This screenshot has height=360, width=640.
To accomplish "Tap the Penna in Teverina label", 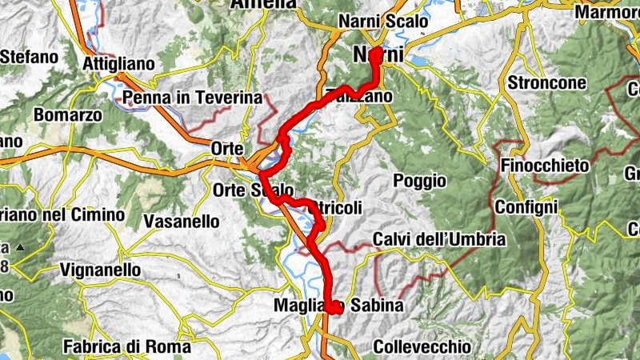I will tap(193, 98).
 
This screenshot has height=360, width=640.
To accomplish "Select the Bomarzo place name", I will tap(67, 114).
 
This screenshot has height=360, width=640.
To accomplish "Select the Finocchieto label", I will tap(545, 166).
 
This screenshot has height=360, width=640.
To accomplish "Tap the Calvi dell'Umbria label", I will tap(439, 239).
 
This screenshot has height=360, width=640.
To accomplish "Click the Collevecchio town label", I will tap(422, 347).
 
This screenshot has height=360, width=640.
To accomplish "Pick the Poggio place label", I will tap(419, 181).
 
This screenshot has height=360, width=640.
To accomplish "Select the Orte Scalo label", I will tap(250, 190).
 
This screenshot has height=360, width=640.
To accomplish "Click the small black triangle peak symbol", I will tap(20, 248).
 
